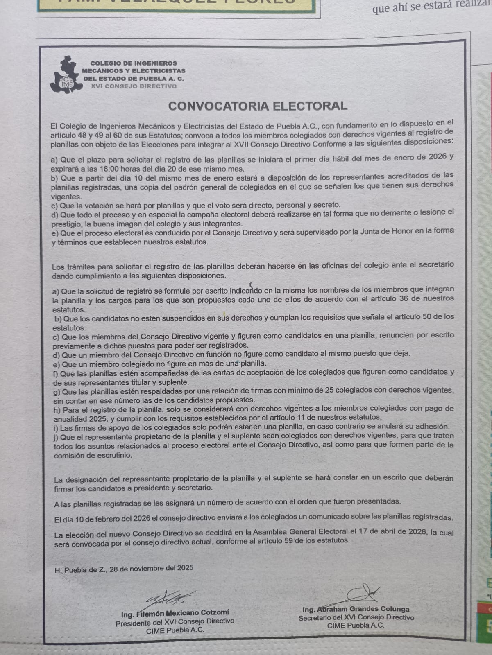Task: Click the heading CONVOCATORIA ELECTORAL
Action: (x=258, y=106)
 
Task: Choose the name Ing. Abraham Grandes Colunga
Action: (x=356, y=609)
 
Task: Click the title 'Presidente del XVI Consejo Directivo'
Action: (x=175, y=622)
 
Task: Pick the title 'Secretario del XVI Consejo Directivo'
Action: (x=356, y=617)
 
